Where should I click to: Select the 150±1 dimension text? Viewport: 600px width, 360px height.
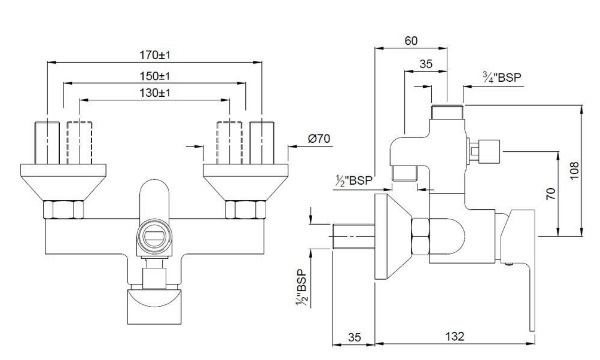pos(155,76)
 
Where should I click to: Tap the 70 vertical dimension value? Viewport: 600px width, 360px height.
pos(549,196)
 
